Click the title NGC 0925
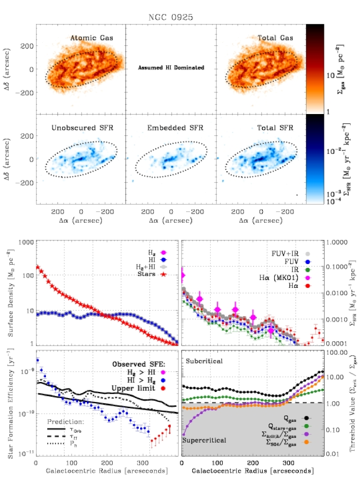pos(172,18)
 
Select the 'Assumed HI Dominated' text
pos(171,68)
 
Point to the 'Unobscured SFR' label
pos(82,127)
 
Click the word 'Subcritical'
pos(204,361)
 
